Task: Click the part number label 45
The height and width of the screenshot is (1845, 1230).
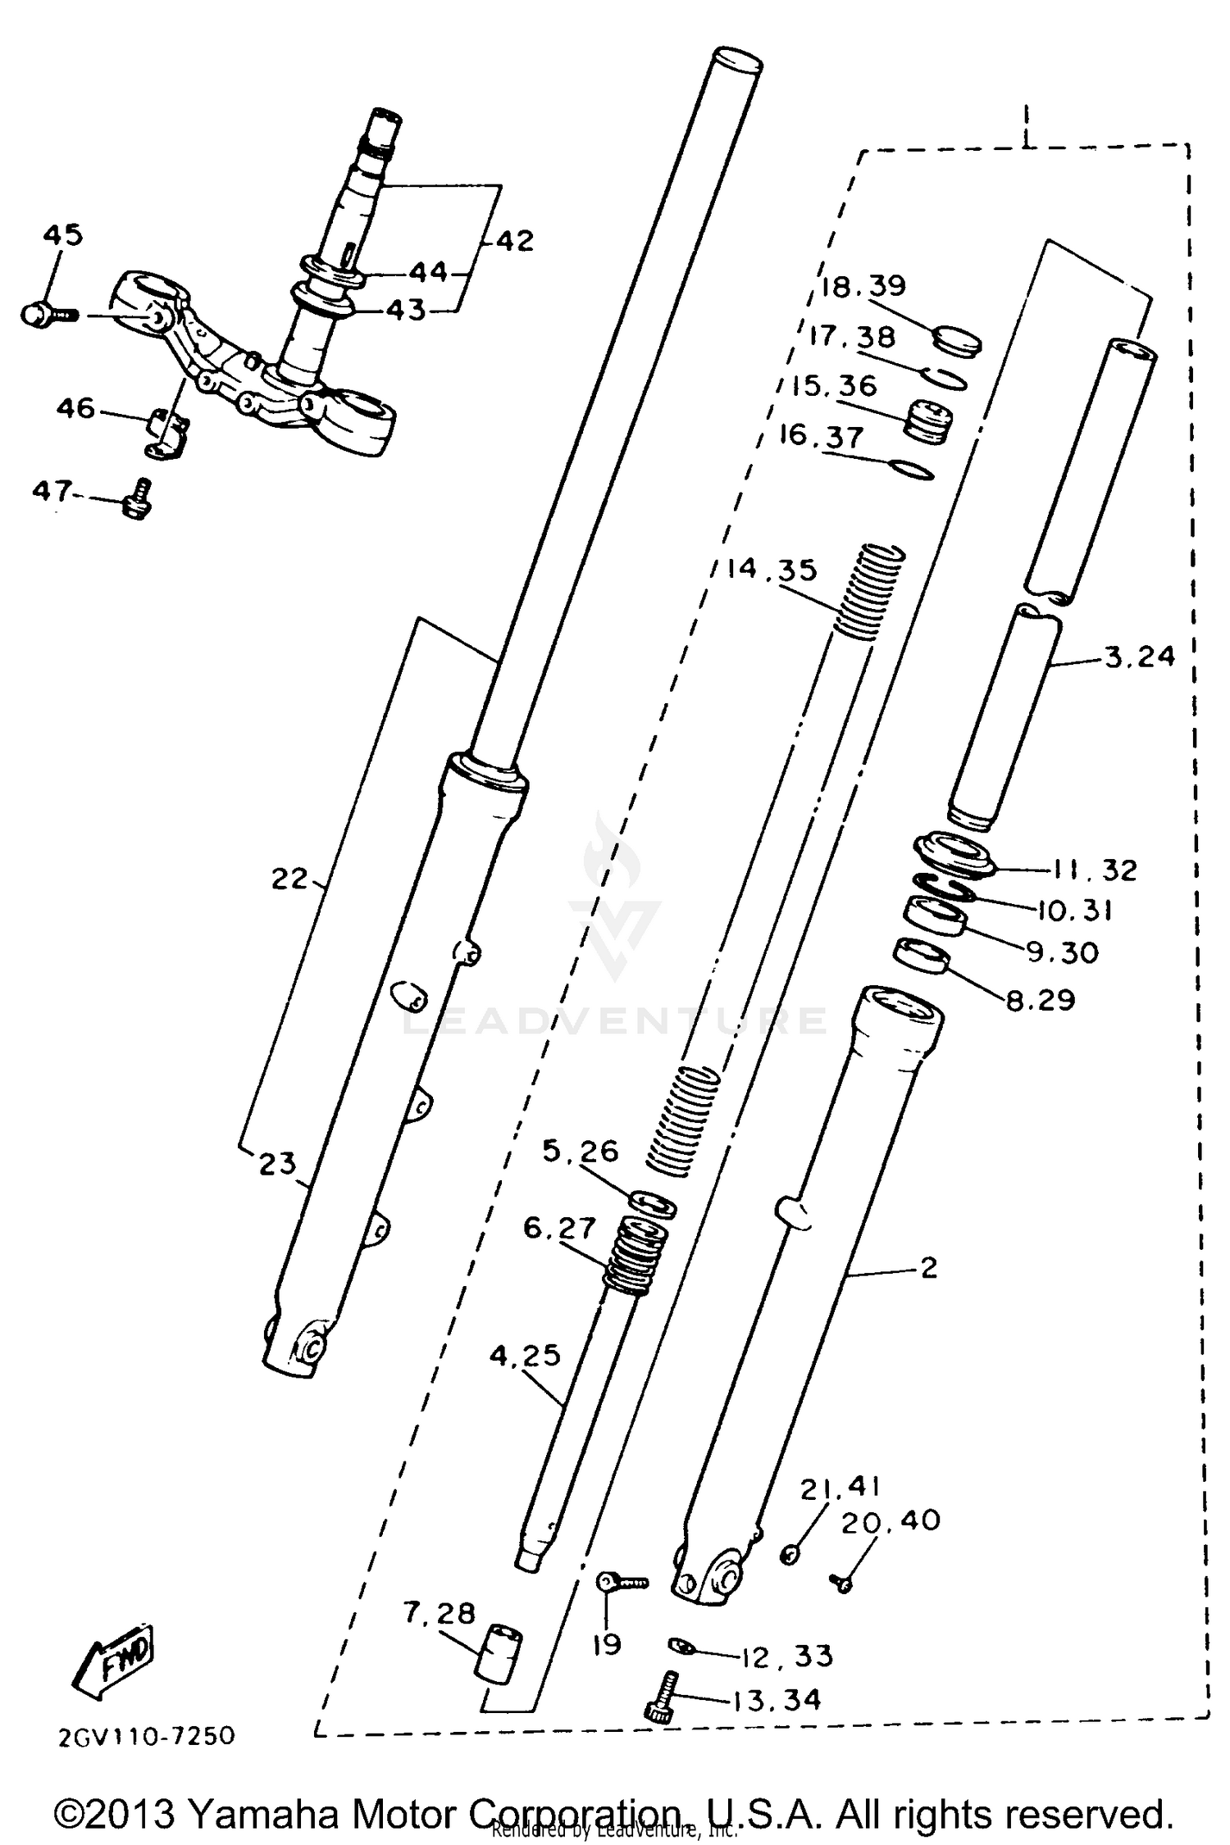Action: (x=63, y=235)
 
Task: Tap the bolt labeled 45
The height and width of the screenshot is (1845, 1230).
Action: (x=45, y=315)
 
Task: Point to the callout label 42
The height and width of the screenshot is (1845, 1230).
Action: (x=514, y=241)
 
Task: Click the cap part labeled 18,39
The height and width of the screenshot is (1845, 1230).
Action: (x=957, y=340)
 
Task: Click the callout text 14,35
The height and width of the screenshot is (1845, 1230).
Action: (x=772, y=569)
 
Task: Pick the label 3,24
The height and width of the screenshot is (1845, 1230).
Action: (x=1140, y=657)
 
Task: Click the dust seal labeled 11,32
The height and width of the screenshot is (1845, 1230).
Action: (x=955, y=857)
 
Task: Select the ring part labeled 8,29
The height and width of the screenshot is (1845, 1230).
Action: (x=921, y=957)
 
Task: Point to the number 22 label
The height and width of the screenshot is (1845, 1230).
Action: (x=289, y=879)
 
